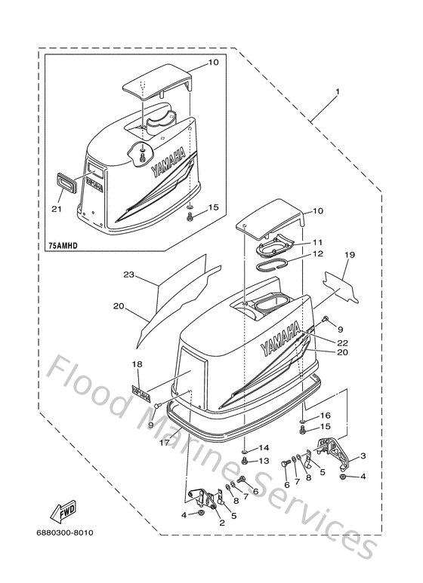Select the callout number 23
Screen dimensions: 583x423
[128, 275]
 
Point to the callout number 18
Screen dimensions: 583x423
[137, 364]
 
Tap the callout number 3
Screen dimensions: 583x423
[363, 456]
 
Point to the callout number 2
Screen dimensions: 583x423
[221, 522]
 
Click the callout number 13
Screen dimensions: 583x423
[265, 460]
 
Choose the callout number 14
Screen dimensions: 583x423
[265, 447]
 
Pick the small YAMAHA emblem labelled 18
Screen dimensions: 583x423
[140, 392]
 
